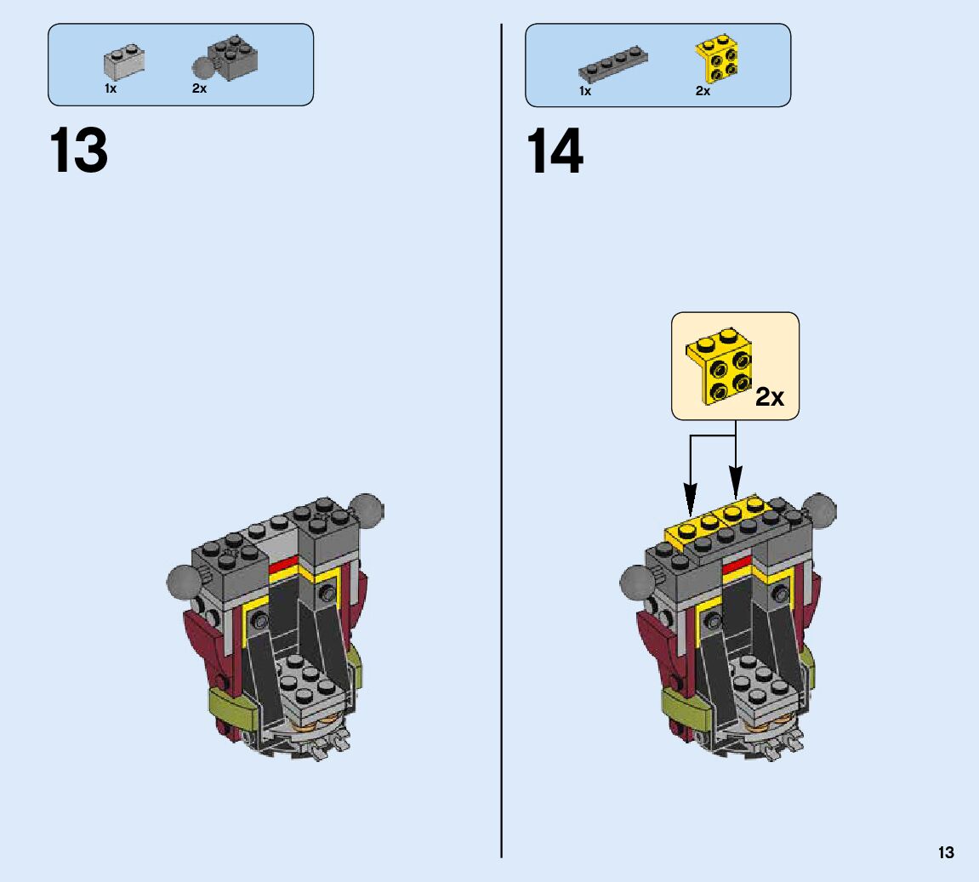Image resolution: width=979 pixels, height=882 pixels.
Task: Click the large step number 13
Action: [79, 151]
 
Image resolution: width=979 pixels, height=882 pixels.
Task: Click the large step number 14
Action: [555, 151]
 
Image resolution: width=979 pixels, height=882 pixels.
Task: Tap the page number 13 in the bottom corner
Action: [946, 852]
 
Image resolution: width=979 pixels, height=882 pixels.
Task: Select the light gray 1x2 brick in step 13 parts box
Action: [124, 60]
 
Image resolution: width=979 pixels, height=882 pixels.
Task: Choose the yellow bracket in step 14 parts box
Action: [717, 60]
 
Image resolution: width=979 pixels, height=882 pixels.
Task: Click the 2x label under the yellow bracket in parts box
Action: [703, 91]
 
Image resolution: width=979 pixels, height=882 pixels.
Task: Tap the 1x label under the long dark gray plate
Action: [585, 91]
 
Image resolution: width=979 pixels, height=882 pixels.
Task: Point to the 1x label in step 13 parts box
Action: [111, 88]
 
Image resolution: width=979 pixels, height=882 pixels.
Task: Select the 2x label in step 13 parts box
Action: [199, 88]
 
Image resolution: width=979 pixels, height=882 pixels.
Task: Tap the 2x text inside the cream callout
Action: [770, 397]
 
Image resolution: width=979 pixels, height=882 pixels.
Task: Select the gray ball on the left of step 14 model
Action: [636, 584]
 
